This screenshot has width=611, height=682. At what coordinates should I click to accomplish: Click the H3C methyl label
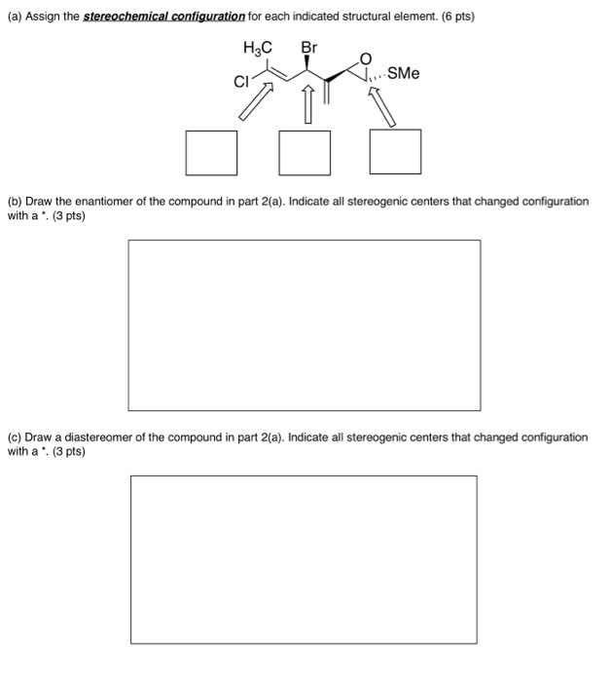pos(258,47)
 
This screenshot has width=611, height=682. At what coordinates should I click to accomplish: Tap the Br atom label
pos(308,47)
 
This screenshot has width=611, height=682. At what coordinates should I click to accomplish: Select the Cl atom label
pos(240,82)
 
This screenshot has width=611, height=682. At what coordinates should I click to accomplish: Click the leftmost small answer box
pos(212,151)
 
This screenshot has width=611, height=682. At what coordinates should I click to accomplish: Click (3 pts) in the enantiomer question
pos(65,215)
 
